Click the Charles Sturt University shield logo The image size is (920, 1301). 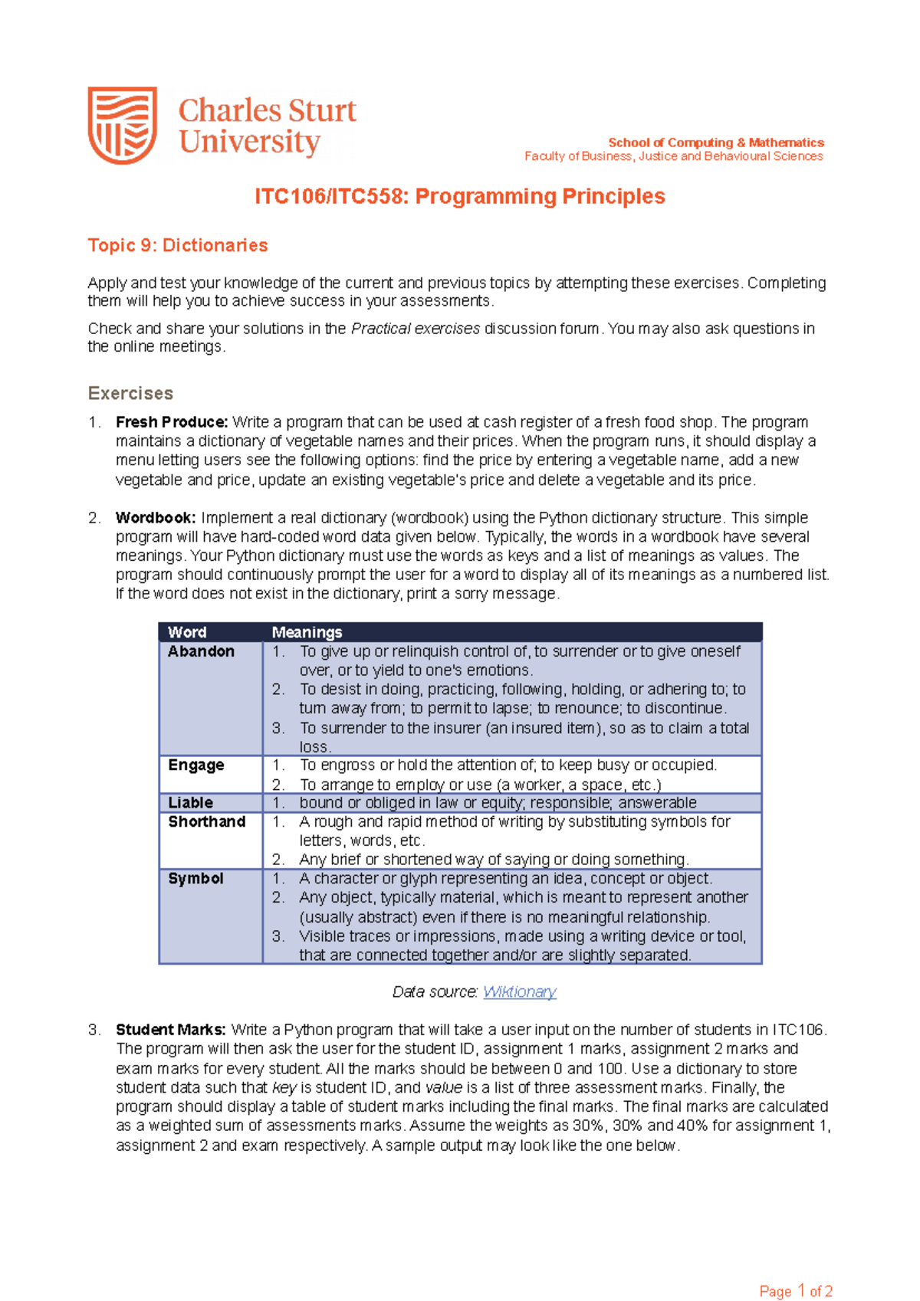pyautogui.click(x=123, y=125)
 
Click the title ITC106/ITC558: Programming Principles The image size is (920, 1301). pyautogui.click(x=459, y=197)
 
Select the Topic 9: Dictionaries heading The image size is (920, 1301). pyautogui.click(x=178, y=245)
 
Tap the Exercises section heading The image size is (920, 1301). pyautogui.click(x=130, y=393)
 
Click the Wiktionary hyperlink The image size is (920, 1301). pyautogui.click(x=519, y=991)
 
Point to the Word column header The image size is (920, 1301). pyautogui.click(x=187, y=632)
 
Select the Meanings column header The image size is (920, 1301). pyautogui.click(x=307, y=632)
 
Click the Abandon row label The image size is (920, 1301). pyautogui.click(x=201, y=651)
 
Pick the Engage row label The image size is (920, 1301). pyautogui.click(x=196, y=765)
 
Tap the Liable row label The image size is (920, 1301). pyautogui.click(x=191, y=802)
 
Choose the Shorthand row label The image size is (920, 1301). pyautogui.click(x=207, y=821)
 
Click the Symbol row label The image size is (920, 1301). pyautogui.click(x=195, y=878)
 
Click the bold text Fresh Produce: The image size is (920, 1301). pyautogui.click(x=172, y=422)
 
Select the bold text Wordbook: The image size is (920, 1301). pyautogui.click(x=156, y=518)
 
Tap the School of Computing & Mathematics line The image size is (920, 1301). pyautogui.click(x=715, y=143)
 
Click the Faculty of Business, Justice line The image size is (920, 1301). pyautogui.click(x=673, y=156)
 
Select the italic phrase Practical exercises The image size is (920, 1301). pyautogui.click(x=415, y=329)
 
